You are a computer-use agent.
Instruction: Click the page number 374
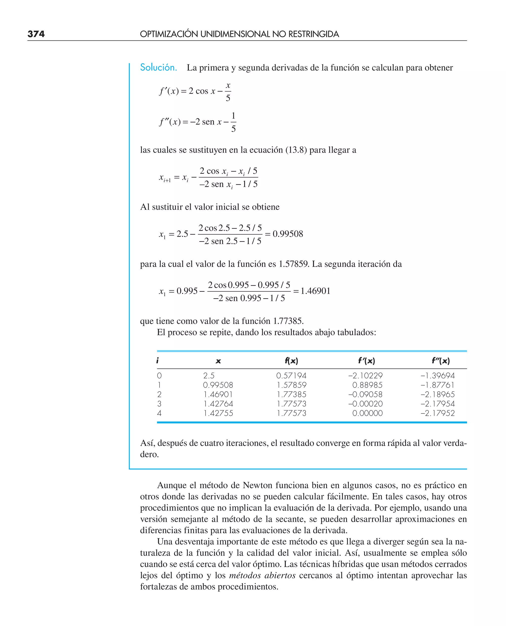click(x=36, y=34)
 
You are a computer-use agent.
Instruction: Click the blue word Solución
click(x=158, y=68)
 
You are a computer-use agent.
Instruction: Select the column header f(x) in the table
click(x=291, y=361)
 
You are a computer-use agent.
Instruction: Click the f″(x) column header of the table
click(x=441, y=361)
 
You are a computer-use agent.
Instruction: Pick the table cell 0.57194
click(x=291, y=376)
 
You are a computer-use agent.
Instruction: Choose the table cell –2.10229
click(x=365, y=376)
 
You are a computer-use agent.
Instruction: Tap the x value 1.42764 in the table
click(x=218, y=404)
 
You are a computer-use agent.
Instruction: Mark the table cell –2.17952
click(x=437, y=413)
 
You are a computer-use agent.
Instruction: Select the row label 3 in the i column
click(x=159, y=404)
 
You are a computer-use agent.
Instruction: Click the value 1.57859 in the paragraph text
click(x=294, y=264)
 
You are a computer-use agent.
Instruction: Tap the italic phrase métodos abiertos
click(x=262, y=576)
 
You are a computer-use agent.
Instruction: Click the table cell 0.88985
click(x=367, y=385)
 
